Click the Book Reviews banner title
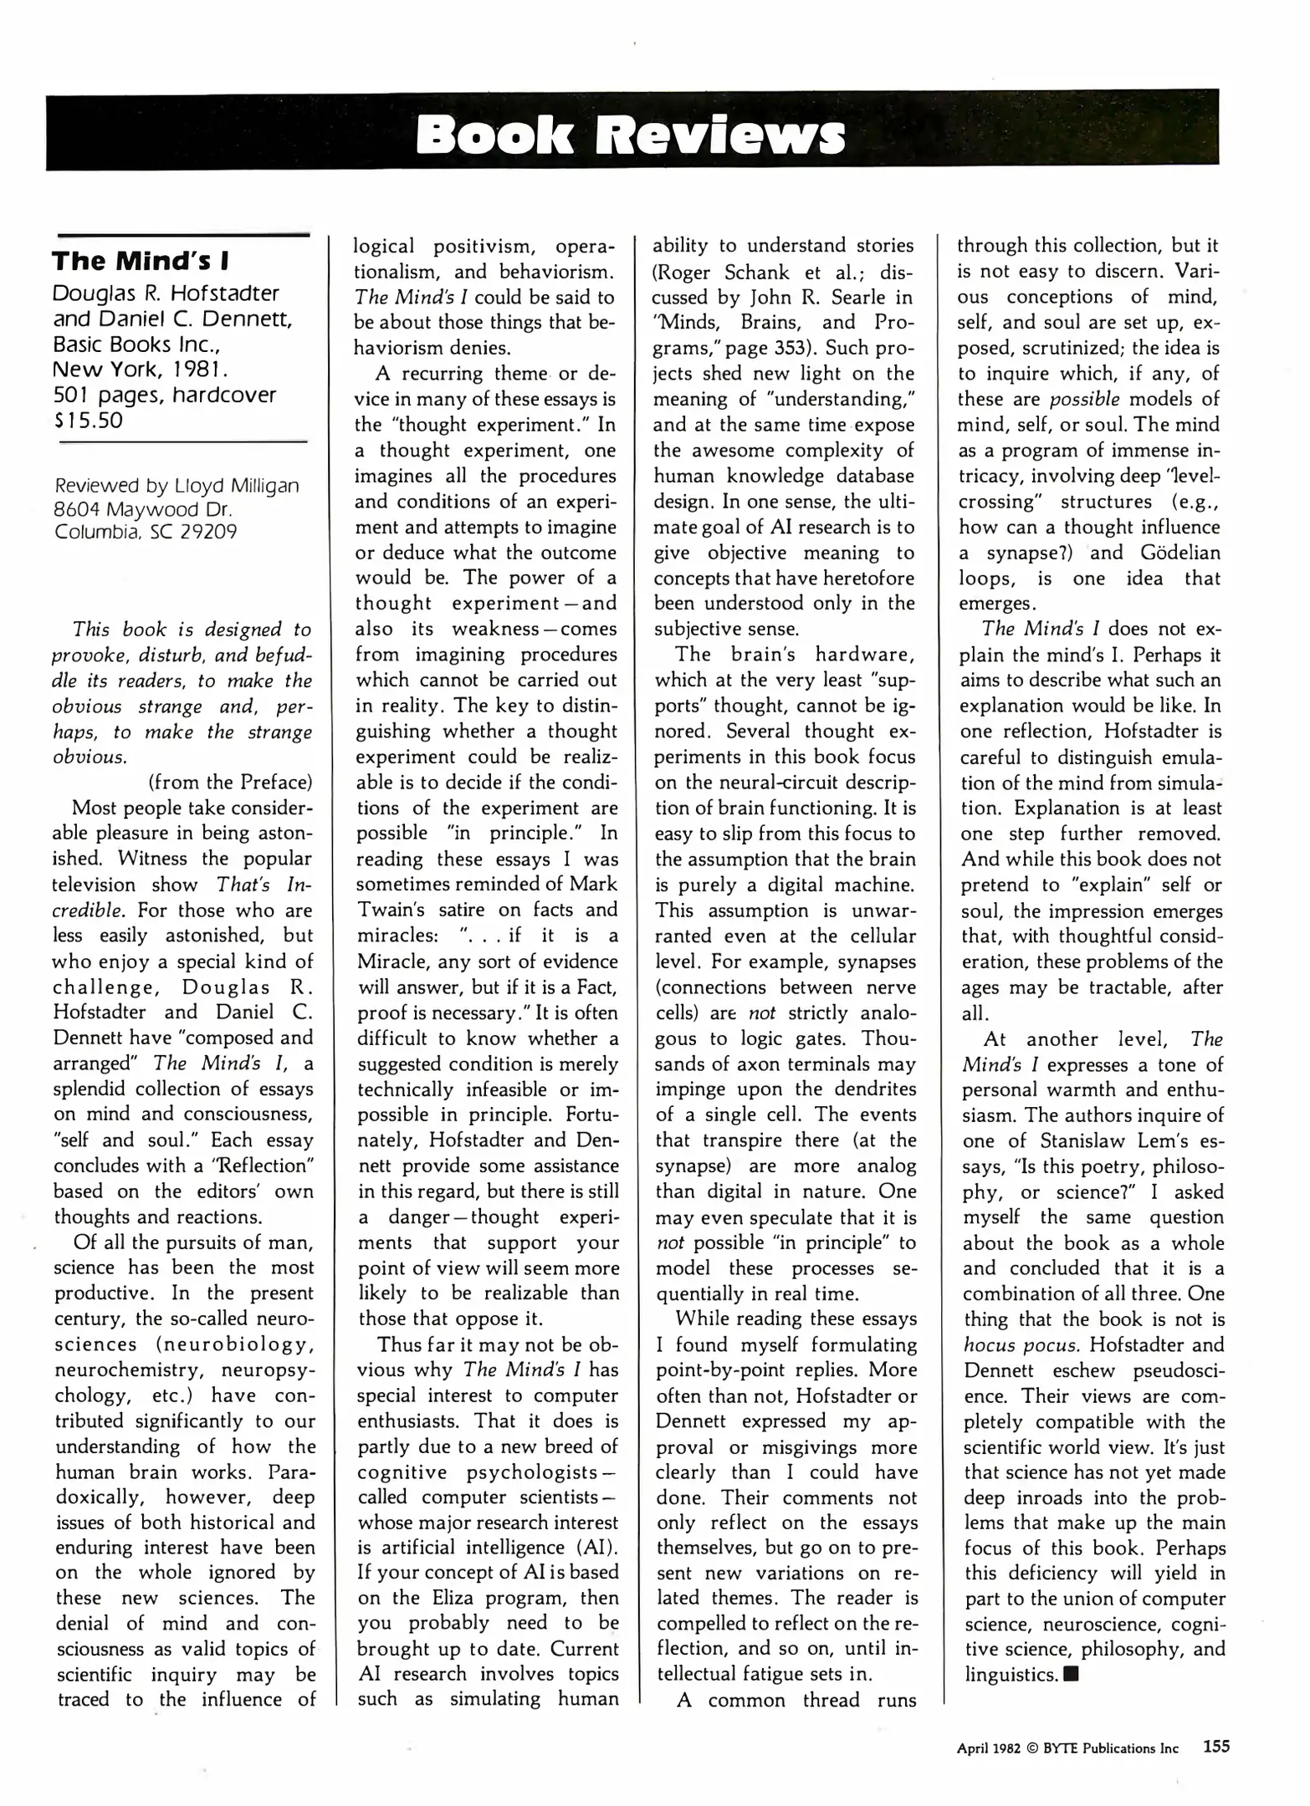pos(630,135)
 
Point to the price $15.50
pos(88,420)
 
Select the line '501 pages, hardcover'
pos(164,395)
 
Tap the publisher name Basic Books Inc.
pos(136,344)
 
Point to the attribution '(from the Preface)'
pos(229,783)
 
